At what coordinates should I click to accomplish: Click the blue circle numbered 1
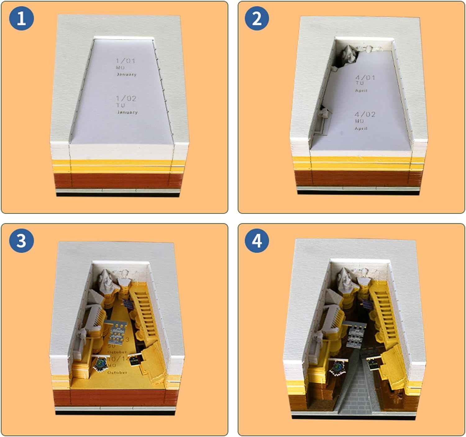click(x=21, y=18)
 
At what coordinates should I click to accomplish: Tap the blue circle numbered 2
click(x=257, y=18)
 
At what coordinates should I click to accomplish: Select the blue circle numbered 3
click(x=21, y=240)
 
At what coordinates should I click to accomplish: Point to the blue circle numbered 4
click(x=257, y=240)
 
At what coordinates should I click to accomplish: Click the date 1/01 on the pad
click(x=126, y=61)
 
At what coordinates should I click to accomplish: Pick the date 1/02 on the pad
click(x=126, y=99)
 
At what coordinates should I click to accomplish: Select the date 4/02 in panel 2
click(x=365, y=114)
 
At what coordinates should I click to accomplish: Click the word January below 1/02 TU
click(x=127, y=112)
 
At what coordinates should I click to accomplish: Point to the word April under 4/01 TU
click(x=361, y=91)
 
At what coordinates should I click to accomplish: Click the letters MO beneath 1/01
click(x=121, y=67)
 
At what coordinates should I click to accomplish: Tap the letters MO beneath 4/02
click(x=359, y=121)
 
